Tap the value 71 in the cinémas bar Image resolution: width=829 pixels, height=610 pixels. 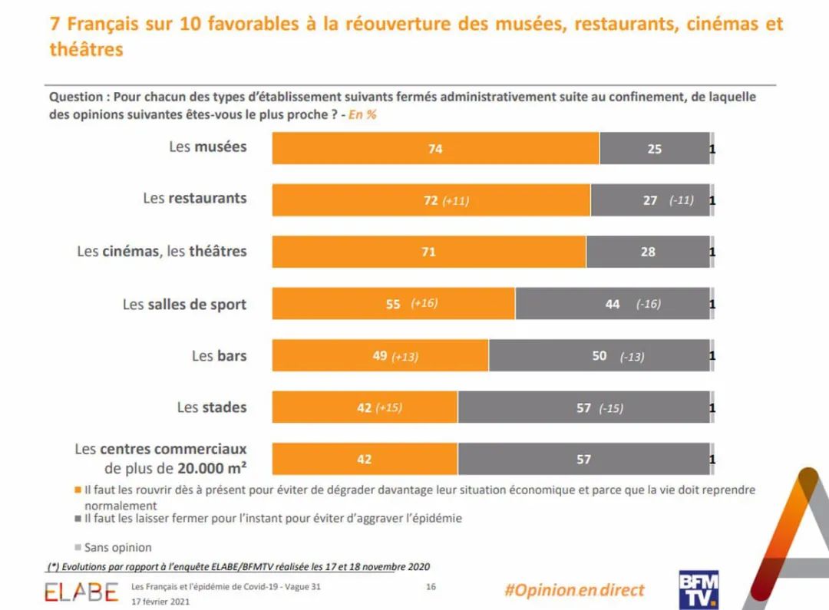pos(428,252)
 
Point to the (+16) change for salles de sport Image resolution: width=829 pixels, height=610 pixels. pos(424,303)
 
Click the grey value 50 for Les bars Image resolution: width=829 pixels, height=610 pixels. pos(599,356)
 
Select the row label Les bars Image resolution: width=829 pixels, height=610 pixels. pos(219,356)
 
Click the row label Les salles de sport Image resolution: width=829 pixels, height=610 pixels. pos(184,305)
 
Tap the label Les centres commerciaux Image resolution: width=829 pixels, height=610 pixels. pos(160,450)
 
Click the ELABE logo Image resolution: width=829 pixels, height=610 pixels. pos(81,592)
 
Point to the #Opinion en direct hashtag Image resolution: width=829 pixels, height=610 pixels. pos(574,590)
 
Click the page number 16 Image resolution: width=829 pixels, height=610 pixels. pos(431,587)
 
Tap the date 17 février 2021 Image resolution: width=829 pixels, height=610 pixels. pos(160,602)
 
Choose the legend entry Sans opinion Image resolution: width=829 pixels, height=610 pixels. pos(117,548)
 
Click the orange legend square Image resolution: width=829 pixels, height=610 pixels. pos(78,490)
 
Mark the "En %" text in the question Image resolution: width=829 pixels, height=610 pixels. pos(362,114)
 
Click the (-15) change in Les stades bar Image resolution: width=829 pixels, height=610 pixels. pos(611,408)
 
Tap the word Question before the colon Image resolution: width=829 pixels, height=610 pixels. pos(75,97)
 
